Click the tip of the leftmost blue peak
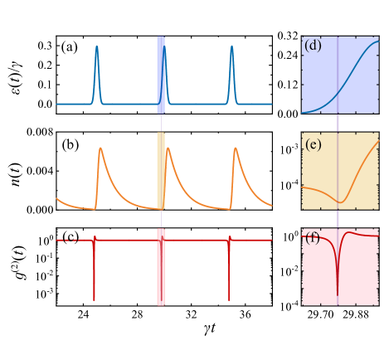(x=96, y=46)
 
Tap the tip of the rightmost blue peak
(x=231, y=46)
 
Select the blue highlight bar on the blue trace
(x=161, y=75)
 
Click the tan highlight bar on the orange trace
(x=161, y=171)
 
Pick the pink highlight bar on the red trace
(x=161, y=267)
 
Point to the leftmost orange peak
(x=100, y=148)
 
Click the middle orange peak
(x=168, y=148)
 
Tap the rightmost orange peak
(x=236, y=148)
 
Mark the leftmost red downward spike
(x=94, y=299)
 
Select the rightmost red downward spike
(x=229, y=299)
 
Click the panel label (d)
(x=313, y=46)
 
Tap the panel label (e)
(x=313, y=144)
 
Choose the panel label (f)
(x=313, y=239)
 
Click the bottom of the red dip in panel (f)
(x=338, y=294)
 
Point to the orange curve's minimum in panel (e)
(x=340, y=202)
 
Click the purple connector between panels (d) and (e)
(x=338, y=123)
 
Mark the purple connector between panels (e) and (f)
(x=338, y=219)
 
